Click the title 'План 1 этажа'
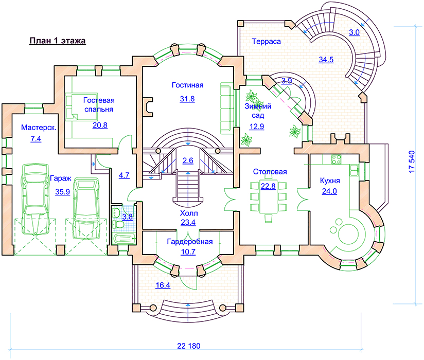coord(57,41)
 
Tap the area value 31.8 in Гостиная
coord(187,99)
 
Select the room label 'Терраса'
coord(266,41)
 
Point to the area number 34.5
coord(326,60)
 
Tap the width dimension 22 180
coord(188,345)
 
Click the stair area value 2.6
coord(188,161)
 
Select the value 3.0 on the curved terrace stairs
coord(354,32)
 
